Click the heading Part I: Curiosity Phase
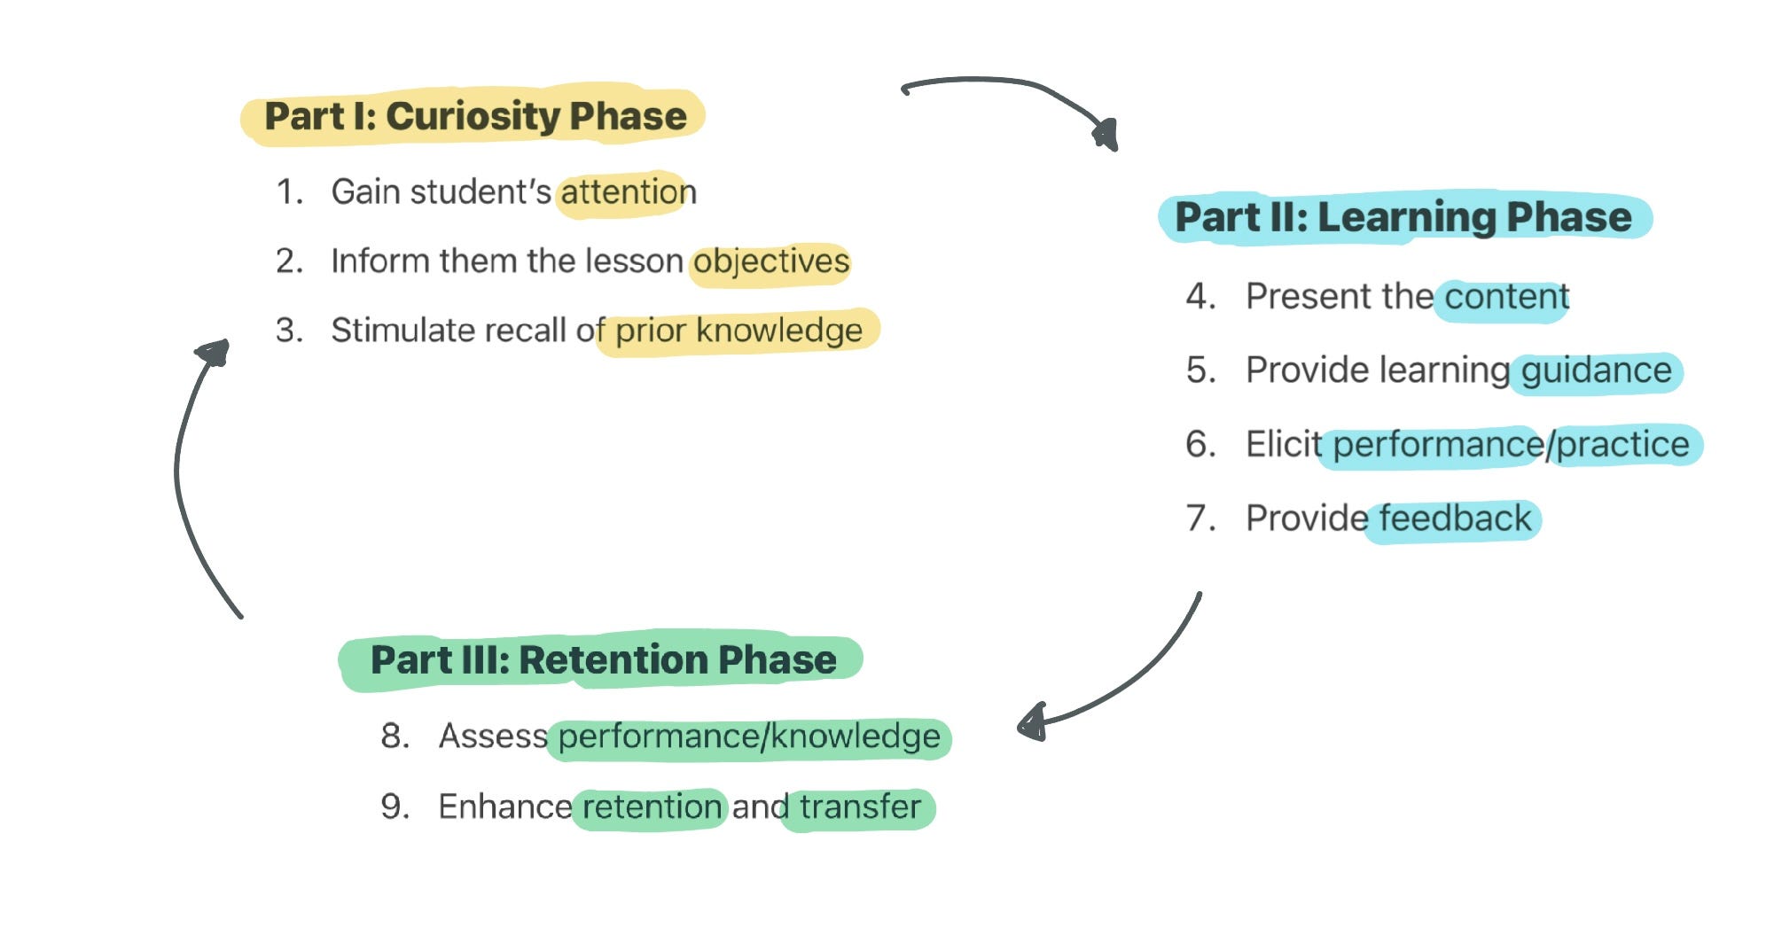(x=475, y=116)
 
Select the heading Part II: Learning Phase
(x=1403, y=217)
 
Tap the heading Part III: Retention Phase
(x=603, y=659)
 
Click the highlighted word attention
(x=628, y=192)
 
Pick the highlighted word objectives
(x=770, y=261)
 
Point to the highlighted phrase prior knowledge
(x=738, y=331)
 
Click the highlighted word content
(x=1505, y=297)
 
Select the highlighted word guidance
(x=1596, y=370)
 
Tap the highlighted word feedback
(x=1454, y=518)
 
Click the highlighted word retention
(x=652, y=807)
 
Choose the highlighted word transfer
(x=859, y=807)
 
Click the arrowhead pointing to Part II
(x=1106, y=135)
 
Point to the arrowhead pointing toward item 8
(x=1032, y=723)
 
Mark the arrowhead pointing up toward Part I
(x=214, y=353)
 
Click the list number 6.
(x=1200, y=444)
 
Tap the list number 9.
(x=394, y=807)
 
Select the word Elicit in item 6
(x=1283, y=444)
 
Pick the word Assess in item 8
(x=493, y=736)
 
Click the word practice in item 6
(x=1622, y=444)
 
